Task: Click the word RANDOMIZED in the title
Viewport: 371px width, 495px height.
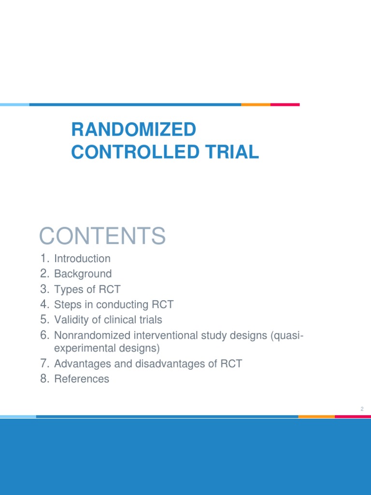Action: [x=133, y=130]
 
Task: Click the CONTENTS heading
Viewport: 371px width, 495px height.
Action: [x=102, y=236]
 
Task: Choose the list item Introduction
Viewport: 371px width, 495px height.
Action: [x=82, y=259]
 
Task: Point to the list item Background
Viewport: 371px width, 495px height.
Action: [x=83, y=274]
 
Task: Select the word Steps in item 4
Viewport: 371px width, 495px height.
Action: [x=67, y=305]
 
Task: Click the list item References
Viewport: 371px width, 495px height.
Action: [x=82, y=379]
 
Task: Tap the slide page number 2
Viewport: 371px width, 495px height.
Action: [x=361, y=409]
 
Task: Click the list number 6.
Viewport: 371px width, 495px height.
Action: [x=45, y=335]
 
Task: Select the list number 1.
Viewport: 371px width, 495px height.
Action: [x=45, y=259]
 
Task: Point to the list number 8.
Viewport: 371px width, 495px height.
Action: [x=45, y=379]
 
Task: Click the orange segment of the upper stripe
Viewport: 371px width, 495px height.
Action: [x=256, y=104]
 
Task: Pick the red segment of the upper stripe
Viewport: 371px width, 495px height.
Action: [x=285, y=104]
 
